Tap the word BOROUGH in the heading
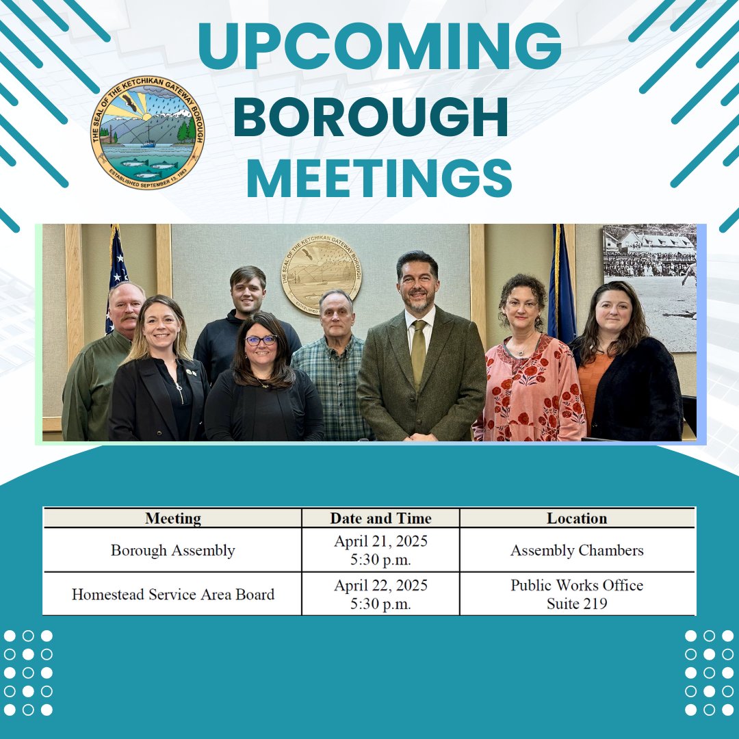point(370,118)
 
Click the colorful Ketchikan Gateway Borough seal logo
point(147,133)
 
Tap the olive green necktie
point(418,353)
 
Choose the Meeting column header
point(172,518)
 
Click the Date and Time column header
point(380,518)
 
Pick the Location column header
point(577,518)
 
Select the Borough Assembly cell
point(172,550)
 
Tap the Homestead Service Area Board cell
point(172,594)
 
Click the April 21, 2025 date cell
point(380,550)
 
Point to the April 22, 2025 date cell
point(380,594)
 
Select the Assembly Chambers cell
point(577,550)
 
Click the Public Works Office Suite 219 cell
point(577,594)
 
